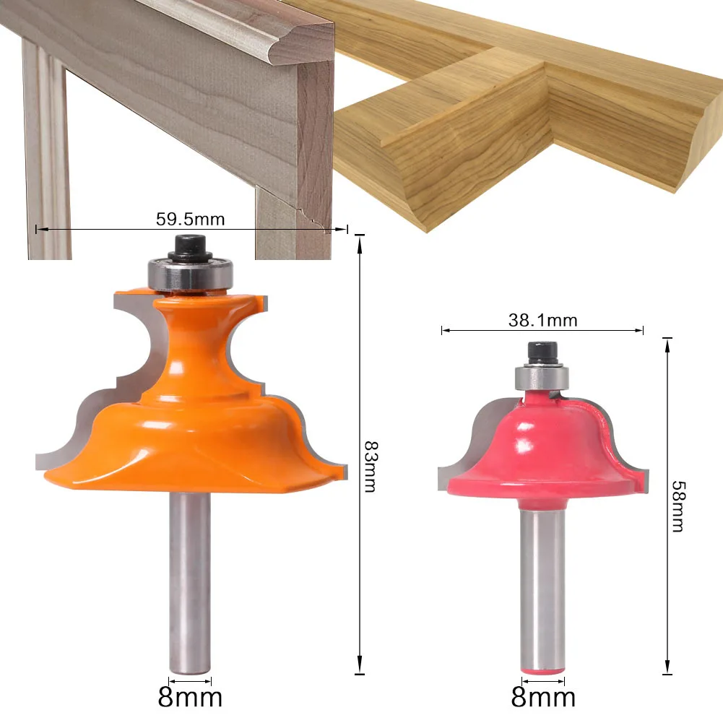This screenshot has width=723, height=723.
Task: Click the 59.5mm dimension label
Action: coord(190,219)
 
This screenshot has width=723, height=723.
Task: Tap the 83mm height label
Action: coord(371,466)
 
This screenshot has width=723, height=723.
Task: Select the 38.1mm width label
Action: coord(542,321)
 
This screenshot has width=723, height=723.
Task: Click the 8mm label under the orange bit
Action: coord(190,697)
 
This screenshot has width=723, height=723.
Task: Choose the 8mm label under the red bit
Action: coord(543,697)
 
